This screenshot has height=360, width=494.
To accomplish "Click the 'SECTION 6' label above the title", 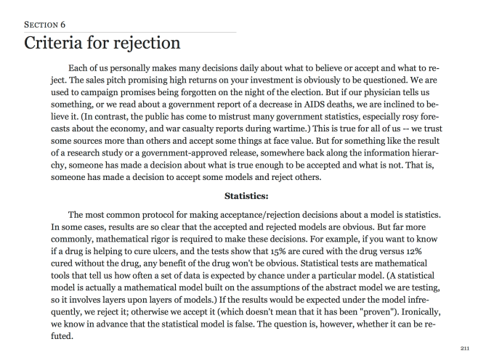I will click(44, 25).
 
